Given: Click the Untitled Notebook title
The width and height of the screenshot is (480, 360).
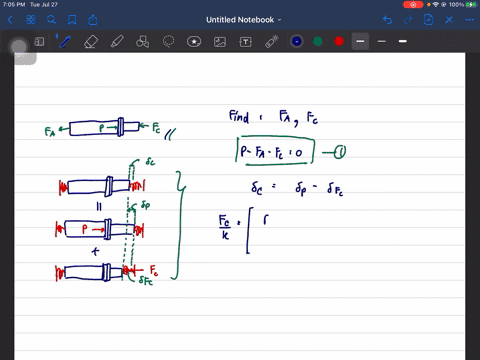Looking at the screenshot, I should tap(241, 19).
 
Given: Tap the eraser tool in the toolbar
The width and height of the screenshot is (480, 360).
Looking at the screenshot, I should tap(91, 41).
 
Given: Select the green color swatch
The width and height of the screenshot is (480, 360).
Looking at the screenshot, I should tap(318, 41).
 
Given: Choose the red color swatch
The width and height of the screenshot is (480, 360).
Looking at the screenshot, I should tap(339, 41).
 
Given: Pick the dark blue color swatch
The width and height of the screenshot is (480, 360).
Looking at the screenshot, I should tap(297, 41).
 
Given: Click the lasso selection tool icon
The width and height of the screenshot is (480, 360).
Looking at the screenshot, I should tap(169, 41).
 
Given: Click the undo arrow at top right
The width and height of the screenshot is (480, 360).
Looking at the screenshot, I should tap(387, 19).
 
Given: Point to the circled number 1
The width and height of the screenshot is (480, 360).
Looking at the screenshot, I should tap(341, 153).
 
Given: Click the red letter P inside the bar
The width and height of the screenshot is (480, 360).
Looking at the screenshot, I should tap(84, 229).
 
